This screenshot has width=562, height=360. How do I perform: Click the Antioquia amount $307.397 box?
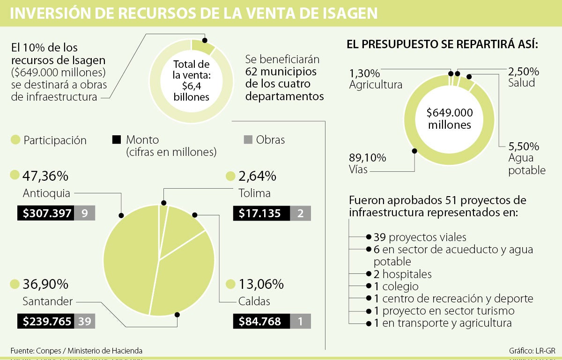[45, 213]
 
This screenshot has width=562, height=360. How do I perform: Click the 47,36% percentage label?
[45, 176]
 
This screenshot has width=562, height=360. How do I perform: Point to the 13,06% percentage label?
[261, 284]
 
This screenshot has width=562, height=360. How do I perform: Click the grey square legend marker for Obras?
[248, 140]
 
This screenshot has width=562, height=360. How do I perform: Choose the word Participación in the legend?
[55, 140]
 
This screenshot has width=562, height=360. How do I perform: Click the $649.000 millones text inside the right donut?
[449, 118]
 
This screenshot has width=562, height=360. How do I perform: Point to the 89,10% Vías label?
[367, 163]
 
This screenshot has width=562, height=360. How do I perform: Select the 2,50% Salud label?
[524, 77]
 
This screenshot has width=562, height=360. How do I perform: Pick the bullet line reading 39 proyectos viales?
[420, 237]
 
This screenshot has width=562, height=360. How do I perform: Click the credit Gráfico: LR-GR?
[532, 351]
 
